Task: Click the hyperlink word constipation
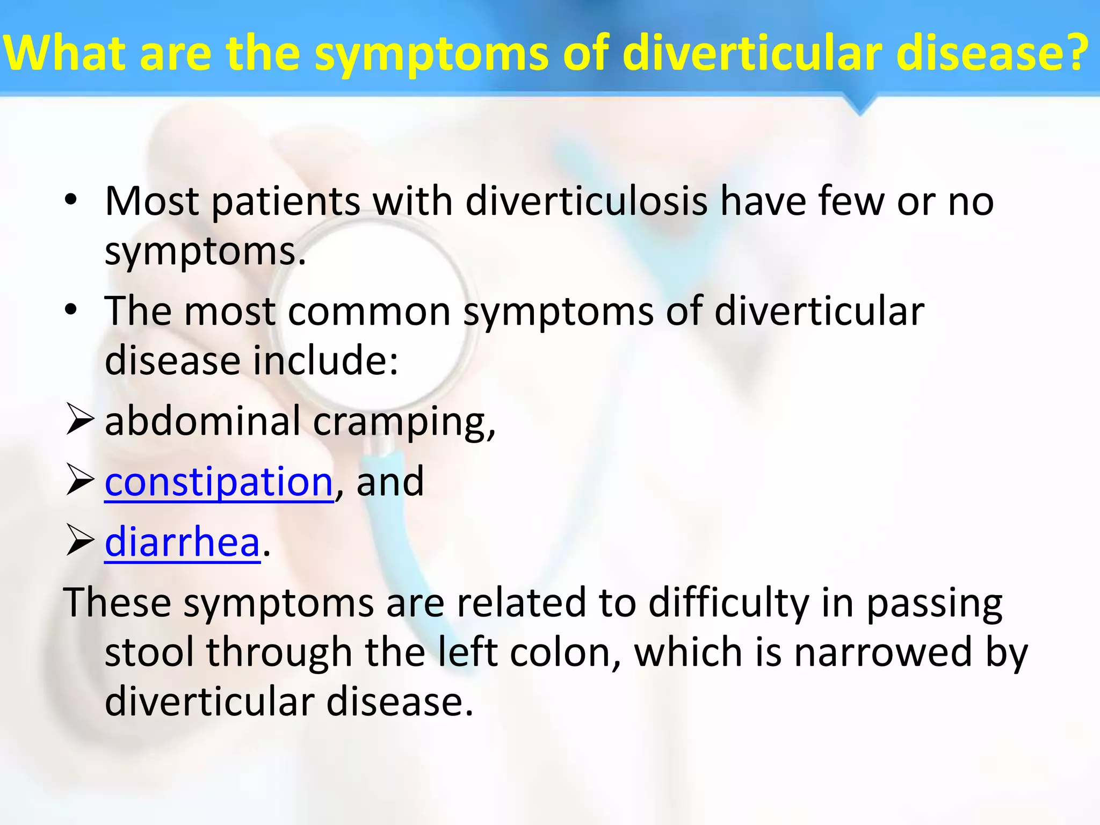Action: coord(219,482)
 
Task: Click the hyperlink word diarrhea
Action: coord(182,542)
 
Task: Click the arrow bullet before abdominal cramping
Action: coord(80,421)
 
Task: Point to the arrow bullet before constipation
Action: coord(80,481)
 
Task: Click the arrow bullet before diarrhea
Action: coord(80,541)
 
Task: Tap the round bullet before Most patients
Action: coord(71,200)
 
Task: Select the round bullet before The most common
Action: coord(71,310)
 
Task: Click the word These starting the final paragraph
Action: coord(117,602)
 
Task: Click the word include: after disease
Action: coord(325,360)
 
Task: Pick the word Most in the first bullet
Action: coord(152,201)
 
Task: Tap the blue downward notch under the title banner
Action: coord(860,105)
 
